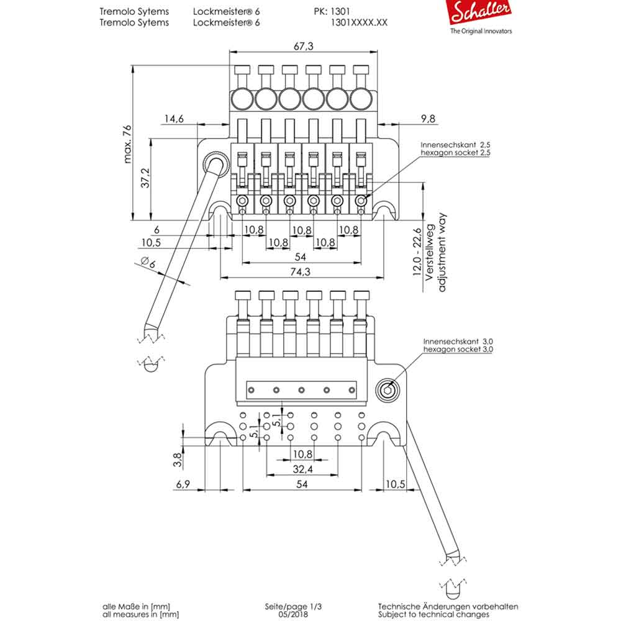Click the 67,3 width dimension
tap(302, 47)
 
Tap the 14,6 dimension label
tap(174, 119)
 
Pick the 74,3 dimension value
tap(301, 271)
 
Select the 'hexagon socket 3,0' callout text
tap(458, 350)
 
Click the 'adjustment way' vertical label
tap(442, 252)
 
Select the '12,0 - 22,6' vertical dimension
tap(418, 252)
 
